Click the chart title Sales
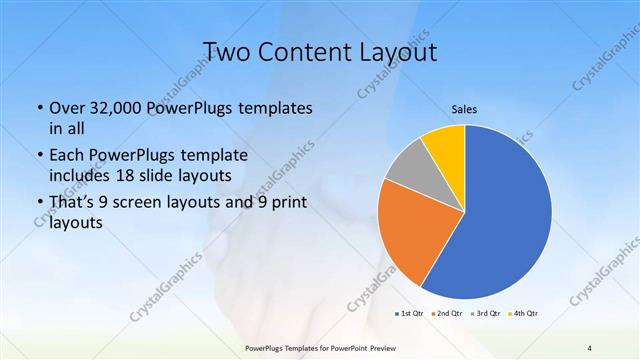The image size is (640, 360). (x=464, y=109)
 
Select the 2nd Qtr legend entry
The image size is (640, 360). (x=447, y=313)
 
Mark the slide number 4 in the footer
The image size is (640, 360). (x=589, y=347)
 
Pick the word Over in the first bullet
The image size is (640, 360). (x=67, y=107)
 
